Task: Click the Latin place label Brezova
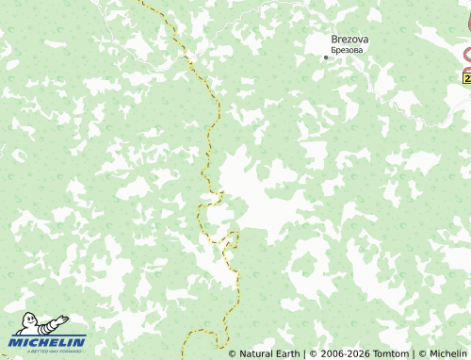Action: [349, 39]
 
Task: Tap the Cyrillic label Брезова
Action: [349, 50]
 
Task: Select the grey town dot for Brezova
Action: [326, 57]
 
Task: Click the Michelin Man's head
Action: [31, 319]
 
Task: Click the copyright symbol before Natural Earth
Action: [233, 354]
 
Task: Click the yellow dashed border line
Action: [208, 141]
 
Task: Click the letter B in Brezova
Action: [334, 39]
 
